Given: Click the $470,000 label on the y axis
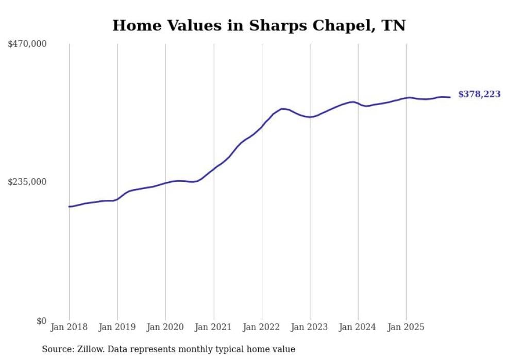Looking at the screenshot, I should [x=27, y=44].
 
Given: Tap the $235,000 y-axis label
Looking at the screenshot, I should [x=27, y=182].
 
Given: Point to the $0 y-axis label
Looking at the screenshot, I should [x=41, y=321].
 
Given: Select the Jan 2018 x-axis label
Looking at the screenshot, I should [x=69, y=327].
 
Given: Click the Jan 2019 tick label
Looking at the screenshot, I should [x=117, y=327].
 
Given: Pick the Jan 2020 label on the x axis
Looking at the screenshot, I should [x=165, y=327].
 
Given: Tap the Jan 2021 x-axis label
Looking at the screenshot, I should [x=214, y=327].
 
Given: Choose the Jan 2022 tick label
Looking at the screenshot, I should [x=262, y=327].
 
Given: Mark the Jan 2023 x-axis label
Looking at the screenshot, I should [x=310, y=327].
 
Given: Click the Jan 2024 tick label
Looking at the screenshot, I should [x=358, y=327].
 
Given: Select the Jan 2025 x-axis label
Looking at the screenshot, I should [x=406, y=327].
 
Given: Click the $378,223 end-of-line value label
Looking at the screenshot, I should [x=479, y=94].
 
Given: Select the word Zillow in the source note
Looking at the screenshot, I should [x=91, y=350].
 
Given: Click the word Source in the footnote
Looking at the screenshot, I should [x=57, y=350].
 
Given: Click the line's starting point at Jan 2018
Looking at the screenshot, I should [x=69, y=207].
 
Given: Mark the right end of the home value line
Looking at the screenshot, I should [x=450, y=97].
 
